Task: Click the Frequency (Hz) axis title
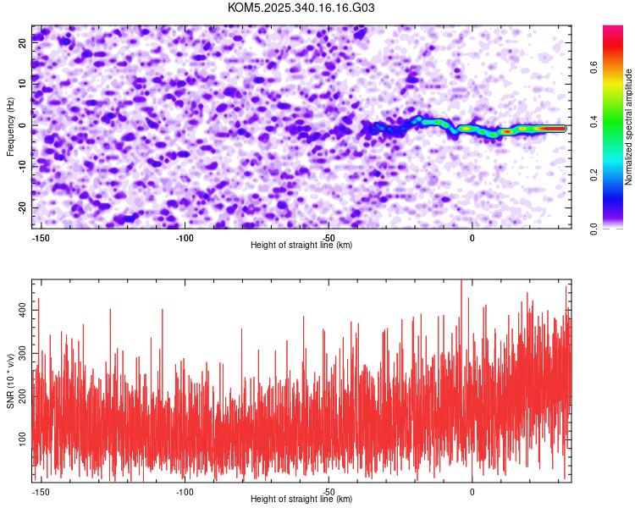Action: pyautogui.click(x=11, y=126)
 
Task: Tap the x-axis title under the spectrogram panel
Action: pyautogui.click(x=301, y=245)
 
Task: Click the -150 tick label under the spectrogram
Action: pyautogui.click(x=40, y=238)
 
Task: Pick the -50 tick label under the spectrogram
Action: pyautogui.click(x=329, y=238)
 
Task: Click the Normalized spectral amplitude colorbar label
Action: pyautogui.click(x=629, y=126)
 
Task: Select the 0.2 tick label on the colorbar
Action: pyautogui.click(x=617, y=177)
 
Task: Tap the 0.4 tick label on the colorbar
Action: pyautogui.click(x=617, y=125)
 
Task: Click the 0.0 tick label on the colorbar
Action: pyautogui.click(x=617, y=228)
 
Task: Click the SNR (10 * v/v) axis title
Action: pyautogui.click(x=11, y=380)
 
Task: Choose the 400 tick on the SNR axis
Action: pyautogui.click(x=20, y=312)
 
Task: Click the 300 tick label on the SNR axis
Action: pyautogui.click(x=20, y=354)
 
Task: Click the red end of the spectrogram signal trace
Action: pyautogui.click(x=555, y=129)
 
